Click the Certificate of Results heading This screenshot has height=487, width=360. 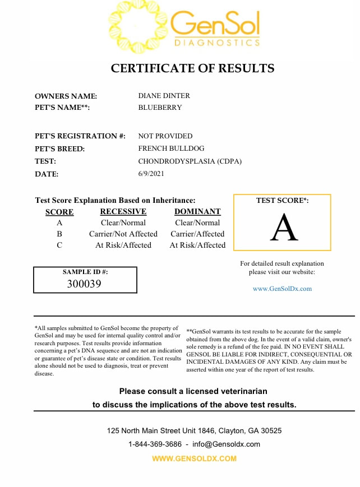click(x=192, y=68)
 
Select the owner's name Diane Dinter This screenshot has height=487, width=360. click(x=164, y=96)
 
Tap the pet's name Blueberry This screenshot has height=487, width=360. click(x=160, y=107)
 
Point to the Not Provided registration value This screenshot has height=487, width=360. click(x=165, y=136)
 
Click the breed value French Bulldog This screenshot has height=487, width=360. click(x=171, y=149)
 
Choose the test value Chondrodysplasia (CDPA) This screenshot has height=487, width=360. click(x=190, y=161)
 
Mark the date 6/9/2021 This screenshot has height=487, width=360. click(x=151, y=174)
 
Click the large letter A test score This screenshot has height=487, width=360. click(x=284, y=229)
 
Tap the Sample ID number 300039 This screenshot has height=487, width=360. click(x=84, y=284)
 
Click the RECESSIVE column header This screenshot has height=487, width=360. click(x=123, y=212)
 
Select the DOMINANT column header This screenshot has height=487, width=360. click(x=197, y=212)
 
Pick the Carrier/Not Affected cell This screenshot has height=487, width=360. click(x=123, y=234)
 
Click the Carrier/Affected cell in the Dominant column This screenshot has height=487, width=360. click(x=197, y=234)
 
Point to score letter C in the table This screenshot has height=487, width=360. click(x=59, y=245)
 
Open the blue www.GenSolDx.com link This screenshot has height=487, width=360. click(x=282, y=289)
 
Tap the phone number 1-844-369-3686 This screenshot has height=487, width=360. click(x=155, y=444)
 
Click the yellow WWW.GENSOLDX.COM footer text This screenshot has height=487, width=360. click(x=195, y=458)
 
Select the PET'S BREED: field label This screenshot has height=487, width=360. click(x=60, y=149)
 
